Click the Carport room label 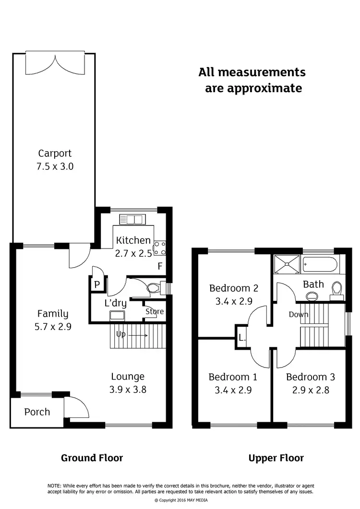pyautogui.click(x=55, y=154)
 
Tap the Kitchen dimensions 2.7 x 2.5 pyautogui.click(x=132, y=253)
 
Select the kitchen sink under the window pyautogui.click(x=131, y=220)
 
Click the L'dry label pyautogui.click(x=116, y=303)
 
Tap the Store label pyautogui.click(x=155, y=312)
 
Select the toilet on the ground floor pyautogui.click(x=153, y=288)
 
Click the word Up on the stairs pyautogui.click(x=120, y=334)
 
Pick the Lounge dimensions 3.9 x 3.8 pyautogui.click(x=128, y=390)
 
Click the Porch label pyautogui.click(x=37, y=412)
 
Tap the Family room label pyautogui.click(x=53, y=314)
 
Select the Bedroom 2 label pyautogui.click(x=234, y=288)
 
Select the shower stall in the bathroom pyautogui.click(x=287, y=264)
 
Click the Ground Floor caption pyautogui.click(x=92, y=458)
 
